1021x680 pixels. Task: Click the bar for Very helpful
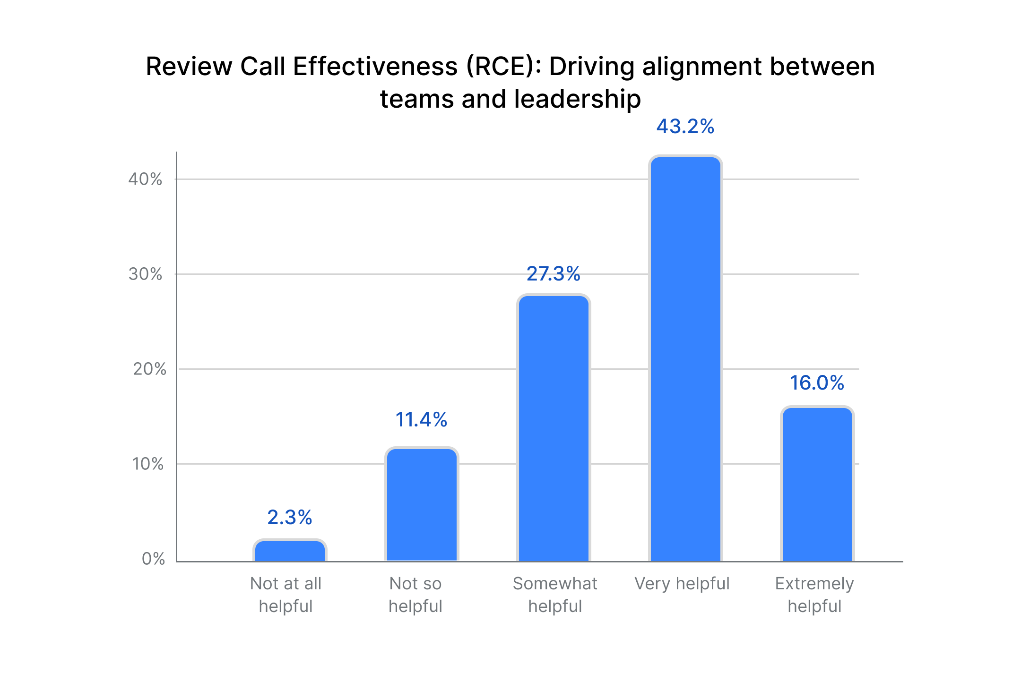click(x=685, y=359)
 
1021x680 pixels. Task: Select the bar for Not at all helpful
click(x=290, y=551)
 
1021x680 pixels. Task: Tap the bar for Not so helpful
click(x=422, y=504)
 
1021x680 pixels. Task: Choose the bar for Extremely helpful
click(x=817, y=484)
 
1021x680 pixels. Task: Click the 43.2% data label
click(x=685, y=127)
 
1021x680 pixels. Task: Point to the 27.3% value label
click(x=553, y=274)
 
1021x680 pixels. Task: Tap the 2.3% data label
click(x=289, y=518)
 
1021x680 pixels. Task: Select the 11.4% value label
click(x=421, y=420)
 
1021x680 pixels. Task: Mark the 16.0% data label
click(x=817, y=383)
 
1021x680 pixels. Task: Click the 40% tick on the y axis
click(x=145, y=179)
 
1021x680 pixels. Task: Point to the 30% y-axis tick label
click(x=145, y=274)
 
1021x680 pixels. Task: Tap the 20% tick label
click(x=149, y=369)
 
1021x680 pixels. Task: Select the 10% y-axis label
click(x=148, y=464)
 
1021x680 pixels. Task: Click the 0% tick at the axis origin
click(x=153, y=559)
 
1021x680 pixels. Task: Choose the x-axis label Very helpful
click(x=682, y=584)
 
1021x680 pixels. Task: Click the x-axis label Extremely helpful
click(x=814, y=595)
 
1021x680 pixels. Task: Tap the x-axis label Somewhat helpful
click(x=555, y=595)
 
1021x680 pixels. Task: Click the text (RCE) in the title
click(x=503, y=67)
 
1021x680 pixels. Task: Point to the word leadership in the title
click(x=577, y=100)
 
